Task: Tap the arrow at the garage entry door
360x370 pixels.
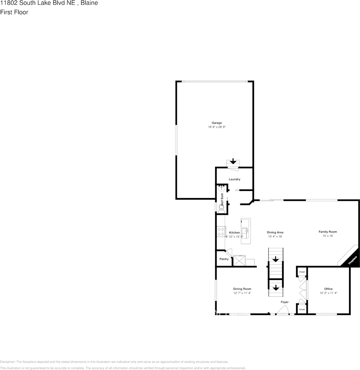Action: tap(233, 161)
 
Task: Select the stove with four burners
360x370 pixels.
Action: tap(221, 232)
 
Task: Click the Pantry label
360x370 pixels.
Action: tap(224, 259)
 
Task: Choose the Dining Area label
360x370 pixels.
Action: tap(275, 232)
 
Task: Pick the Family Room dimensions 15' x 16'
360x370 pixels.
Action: tap(328, 236)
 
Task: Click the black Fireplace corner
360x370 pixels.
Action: tap(353, 260)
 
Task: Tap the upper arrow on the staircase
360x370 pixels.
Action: tap(275, 259)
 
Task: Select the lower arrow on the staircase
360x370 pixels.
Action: tap(275, 288)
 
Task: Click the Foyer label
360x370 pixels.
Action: tap(285, 302)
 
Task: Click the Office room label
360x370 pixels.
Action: tap(328, 289)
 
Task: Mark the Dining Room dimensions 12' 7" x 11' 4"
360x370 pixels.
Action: tap(242, 293)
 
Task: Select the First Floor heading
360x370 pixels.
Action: tap(14, 12)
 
